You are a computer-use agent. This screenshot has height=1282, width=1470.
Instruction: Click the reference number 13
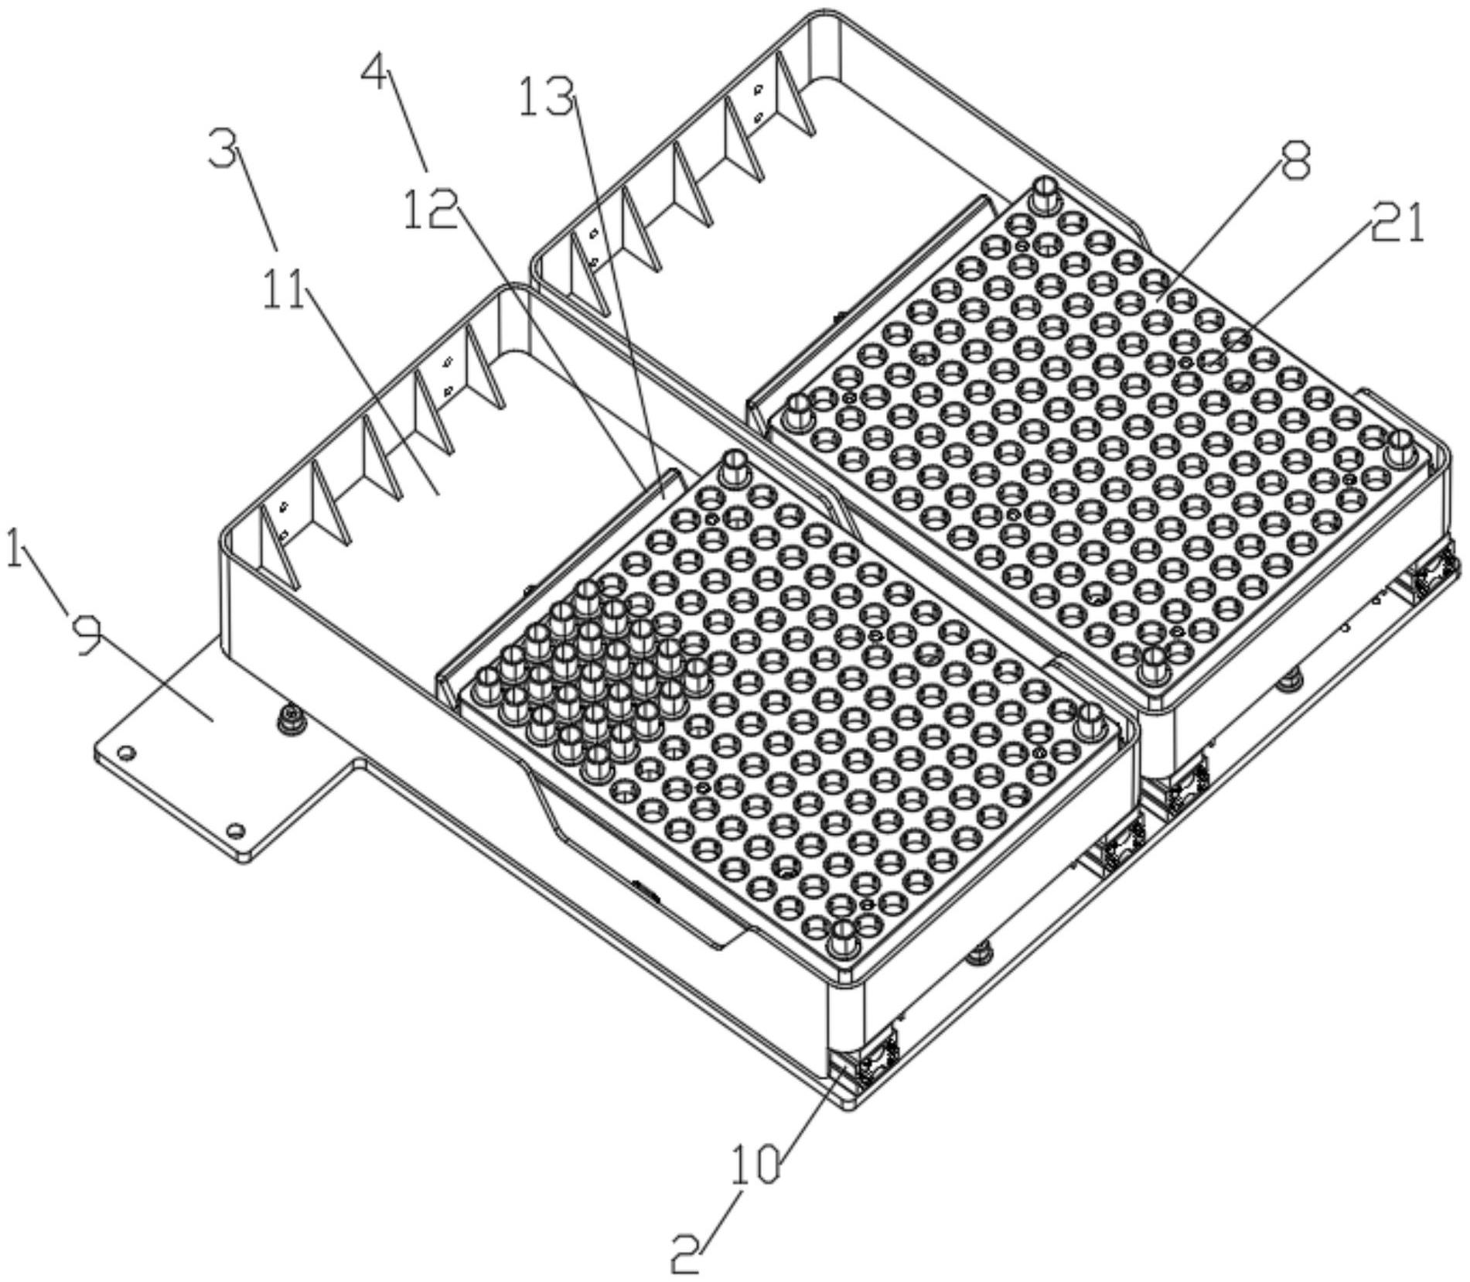(x=548, y=97)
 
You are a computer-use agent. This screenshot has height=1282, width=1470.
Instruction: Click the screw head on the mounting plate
(x=292, y=716)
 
